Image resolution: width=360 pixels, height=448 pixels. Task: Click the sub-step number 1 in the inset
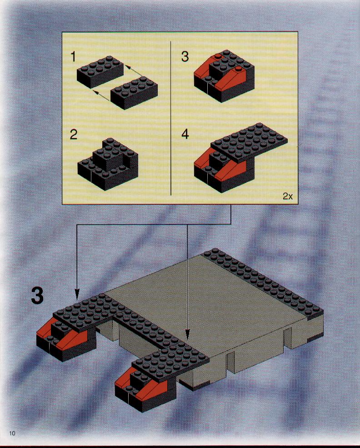pos(73,56)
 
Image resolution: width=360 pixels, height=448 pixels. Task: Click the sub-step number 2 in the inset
pos(73,134)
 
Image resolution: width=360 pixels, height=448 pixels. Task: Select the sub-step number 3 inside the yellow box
pos(185,56)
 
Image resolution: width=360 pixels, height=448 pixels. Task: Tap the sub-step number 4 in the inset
pos(185,134)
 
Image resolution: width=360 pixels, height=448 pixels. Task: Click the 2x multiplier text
pos(288,196)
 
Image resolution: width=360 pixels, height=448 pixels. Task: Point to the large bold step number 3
pos(37,296)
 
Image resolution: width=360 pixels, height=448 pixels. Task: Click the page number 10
pos(12,433)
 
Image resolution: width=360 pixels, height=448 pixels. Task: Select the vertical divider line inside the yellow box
pos(171,118)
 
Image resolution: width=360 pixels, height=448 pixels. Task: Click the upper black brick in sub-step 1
pos(100,71)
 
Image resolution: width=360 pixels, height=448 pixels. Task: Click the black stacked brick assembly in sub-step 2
pos(108,164)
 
